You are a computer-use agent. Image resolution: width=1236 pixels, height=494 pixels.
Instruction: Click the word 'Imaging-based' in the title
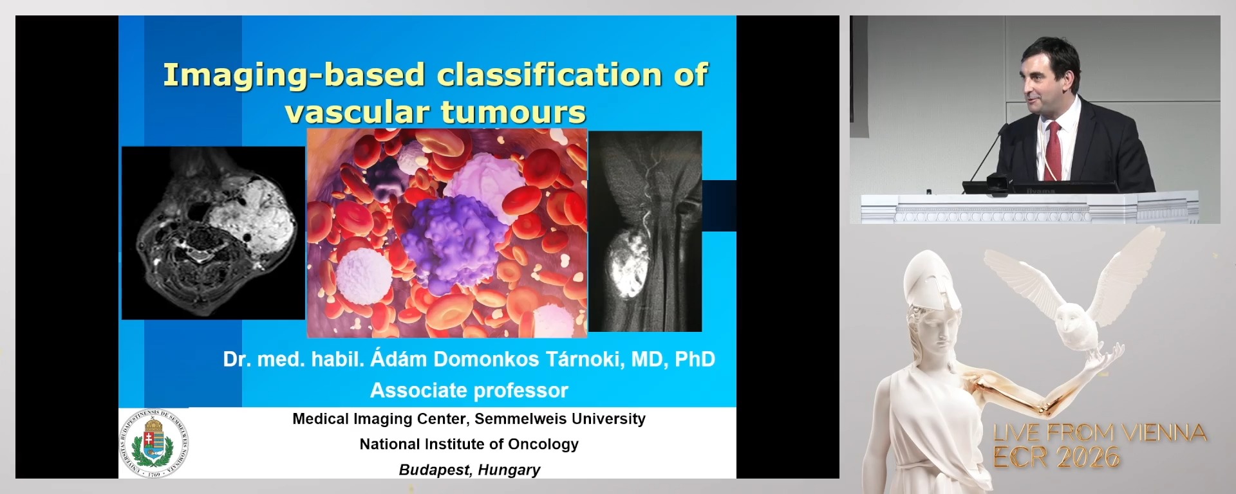[x=294, y=75]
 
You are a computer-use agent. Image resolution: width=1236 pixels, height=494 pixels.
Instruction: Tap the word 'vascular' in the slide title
[x=357, y=113]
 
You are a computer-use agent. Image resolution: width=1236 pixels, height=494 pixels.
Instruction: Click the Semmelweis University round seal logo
[x=154, y=444]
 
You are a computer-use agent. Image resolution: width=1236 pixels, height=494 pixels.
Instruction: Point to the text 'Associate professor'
[x=469, y=390]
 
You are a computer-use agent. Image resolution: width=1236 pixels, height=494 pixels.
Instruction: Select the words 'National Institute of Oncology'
[x=469, y=444]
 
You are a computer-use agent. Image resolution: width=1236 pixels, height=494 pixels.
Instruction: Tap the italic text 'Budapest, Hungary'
[x=469, y=470]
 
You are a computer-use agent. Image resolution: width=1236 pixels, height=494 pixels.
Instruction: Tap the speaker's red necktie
[x=1053, y=151]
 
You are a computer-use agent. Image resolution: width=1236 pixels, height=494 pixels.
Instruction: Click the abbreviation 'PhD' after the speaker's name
[x=695, y=359]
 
